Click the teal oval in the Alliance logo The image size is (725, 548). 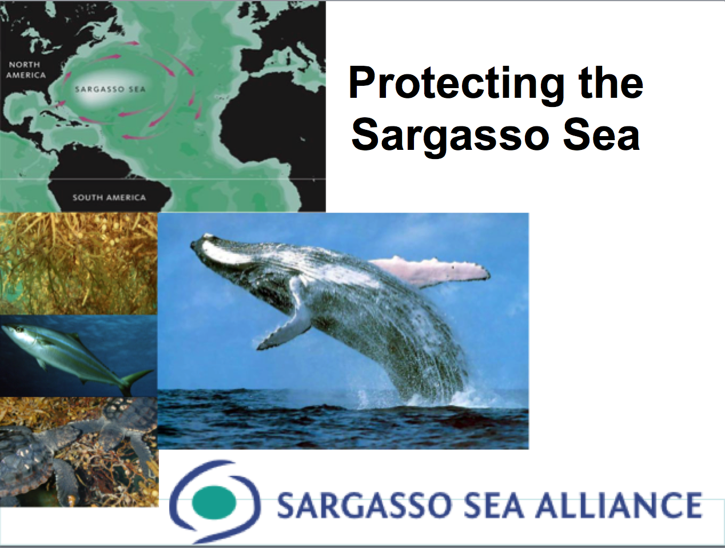tap(214, 502)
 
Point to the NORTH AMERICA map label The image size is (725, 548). tap(26, 70)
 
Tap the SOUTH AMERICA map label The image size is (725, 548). tap(109, 197)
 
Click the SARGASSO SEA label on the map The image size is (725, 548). tap(110, 89)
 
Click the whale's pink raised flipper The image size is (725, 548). tap(430, 272)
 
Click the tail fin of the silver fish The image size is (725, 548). tap(136, 380)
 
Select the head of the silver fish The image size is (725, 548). tap(15, 333)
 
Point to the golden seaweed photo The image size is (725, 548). tap(78, 264)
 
